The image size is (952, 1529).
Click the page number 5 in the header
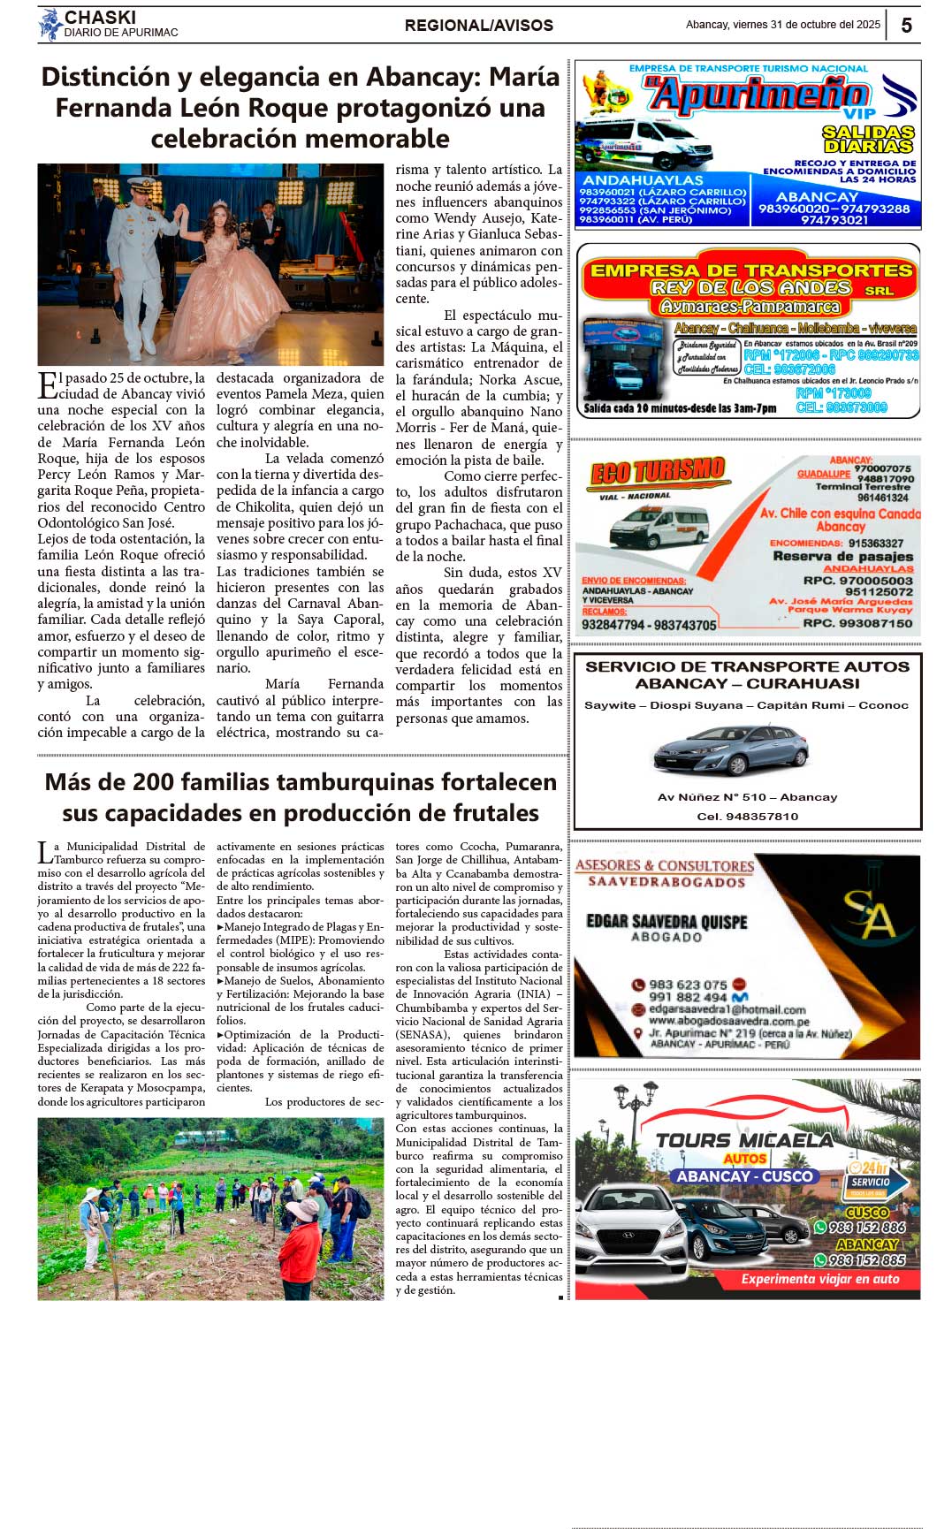pyautogui.click(x=906, y=26)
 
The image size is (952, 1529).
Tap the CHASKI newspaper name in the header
pyautogui.click(x=100, y=18)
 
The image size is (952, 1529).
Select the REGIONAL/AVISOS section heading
pyautogui.click(x=478, y=26)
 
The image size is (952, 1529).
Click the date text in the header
pyautogui.click(x=782, y=25)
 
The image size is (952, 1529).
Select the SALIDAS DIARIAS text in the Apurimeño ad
pyautogui.click(x=869, y=139)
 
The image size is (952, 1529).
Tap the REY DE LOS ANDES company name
pyautogui.click(x=750, y=288)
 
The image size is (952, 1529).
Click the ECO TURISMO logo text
pyautogui.click(x=658, y=471)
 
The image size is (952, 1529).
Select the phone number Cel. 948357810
pyautogui.click(x=747, y=817)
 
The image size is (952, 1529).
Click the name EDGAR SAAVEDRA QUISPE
pyautogui.click(x=666, y=921)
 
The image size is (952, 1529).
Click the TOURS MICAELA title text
pyautogui.click(x=744, y=1140)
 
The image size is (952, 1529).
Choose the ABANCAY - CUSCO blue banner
pyautogui.click(x=744, y=1176)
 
